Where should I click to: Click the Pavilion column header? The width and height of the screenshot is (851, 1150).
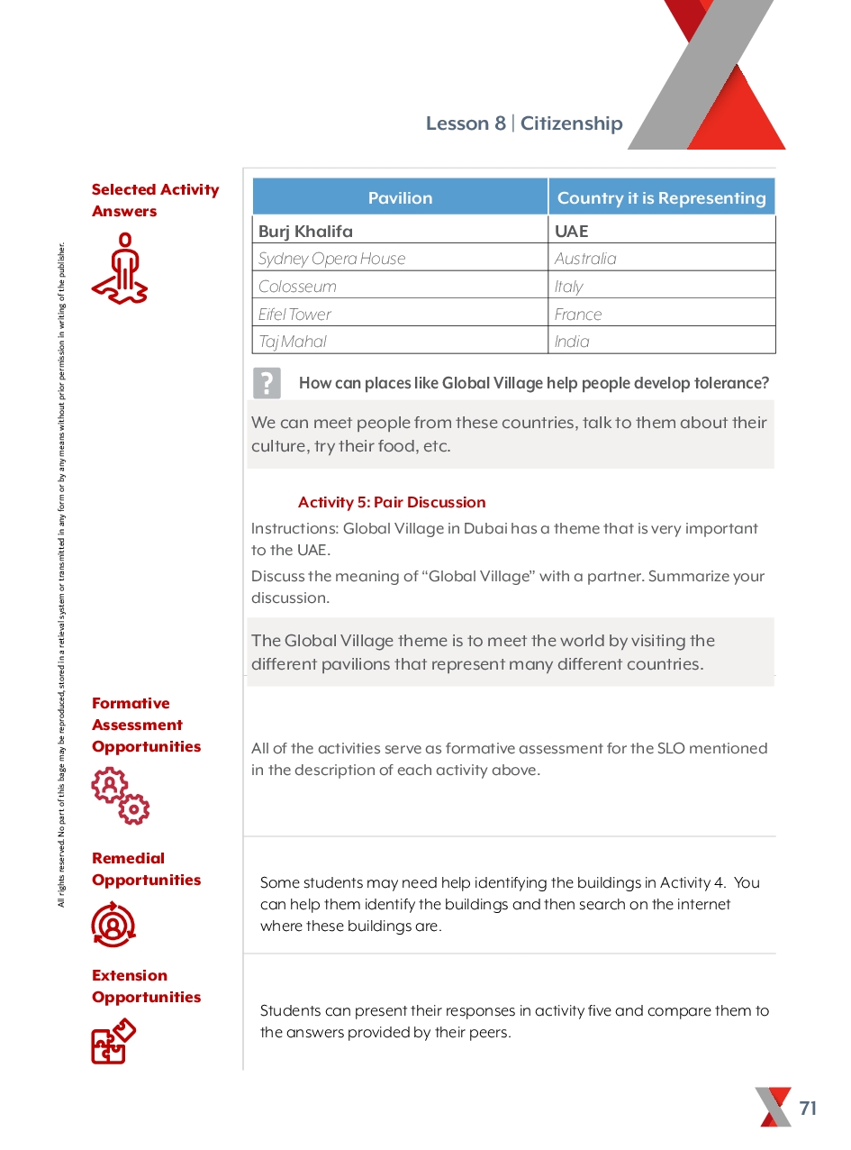point(400,197)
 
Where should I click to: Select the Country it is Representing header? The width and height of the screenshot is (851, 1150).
point(661,197)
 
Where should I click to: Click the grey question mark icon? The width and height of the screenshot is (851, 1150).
point(267,383)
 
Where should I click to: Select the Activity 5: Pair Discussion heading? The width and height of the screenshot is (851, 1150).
point(392,502)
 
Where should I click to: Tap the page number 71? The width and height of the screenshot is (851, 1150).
point(808,1109)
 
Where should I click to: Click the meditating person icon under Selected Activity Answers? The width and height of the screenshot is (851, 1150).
point(120,268)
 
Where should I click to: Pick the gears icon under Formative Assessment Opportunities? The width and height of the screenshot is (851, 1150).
point(121,796)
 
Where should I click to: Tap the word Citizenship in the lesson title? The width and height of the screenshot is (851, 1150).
point(572,123)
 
